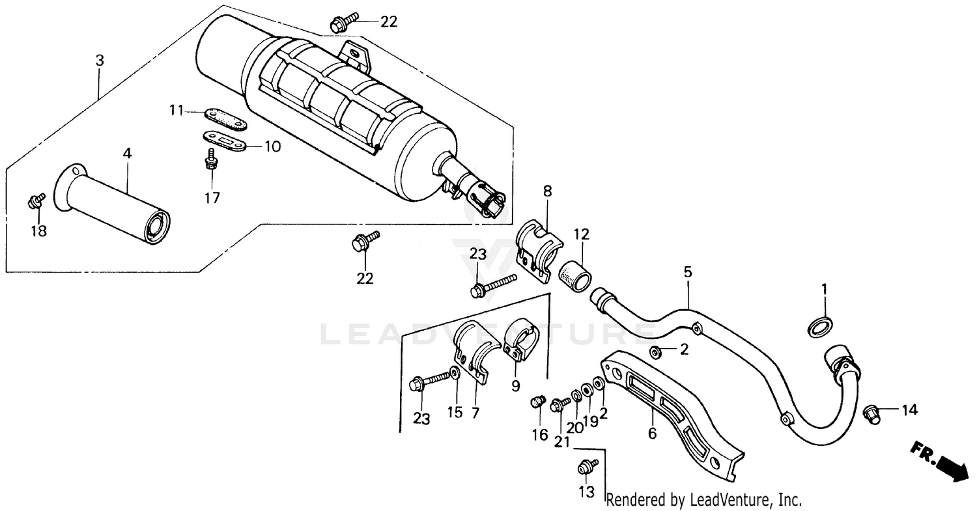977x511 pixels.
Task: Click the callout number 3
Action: (99, 61)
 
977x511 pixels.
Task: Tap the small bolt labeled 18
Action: (36, 201)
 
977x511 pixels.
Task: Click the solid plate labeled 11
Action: (225, 119)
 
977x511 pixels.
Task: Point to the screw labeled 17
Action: (210, 159)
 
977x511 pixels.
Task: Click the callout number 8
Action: (547, 191)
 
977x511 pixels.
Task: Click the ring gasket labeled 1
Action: (821, 327)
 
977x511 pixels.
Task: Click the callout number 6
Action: (651, 433)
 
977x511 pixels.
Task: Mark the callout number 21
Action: (562, 442)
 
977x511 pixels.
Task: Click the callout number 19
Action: (590, 421)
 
